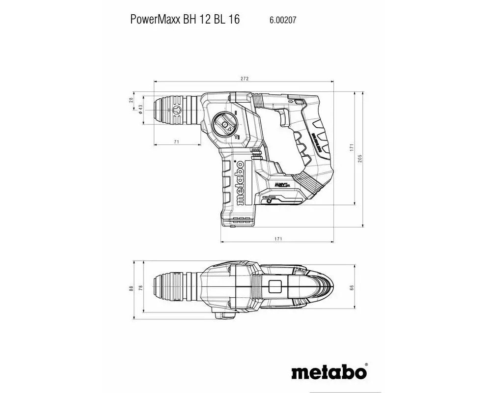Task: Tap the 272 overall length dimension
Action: click(245, 79)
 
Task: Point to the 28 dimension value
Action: click(131, 100)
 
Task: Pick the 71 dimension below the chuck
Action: click(176, 142)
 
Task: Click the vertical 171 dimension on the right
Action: click(351, 147)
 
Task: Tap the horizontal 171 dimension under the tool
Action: click(278, 239)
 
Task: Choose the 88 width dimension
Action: click(131, 289)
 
